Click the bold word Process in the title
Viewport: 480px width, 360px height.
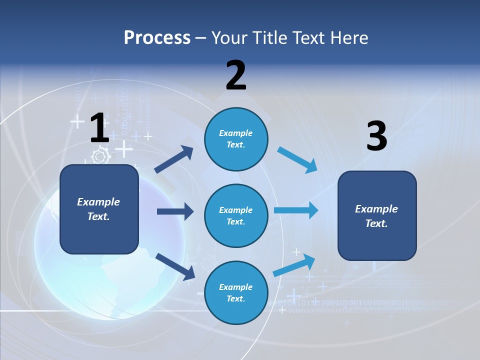tap(157, 38)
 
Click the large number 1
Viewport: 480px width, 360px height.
tap(99, 128)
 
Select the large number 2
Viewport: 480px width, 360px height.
tap(236, 75)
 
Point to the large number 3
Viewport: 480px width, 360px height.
tap(376, 136)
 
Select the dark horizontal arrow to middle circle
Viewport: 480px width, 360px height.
tap(175, 211)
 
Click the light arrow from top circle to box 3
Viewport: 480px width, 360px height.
tap(297, 160)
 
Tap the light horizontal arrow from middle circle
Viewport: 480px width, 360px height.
tap(296, 210)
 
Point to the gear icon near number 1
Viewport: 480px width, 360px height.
tap(100, 156)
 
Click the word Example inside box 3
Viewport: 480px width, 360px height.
tap(376, 209)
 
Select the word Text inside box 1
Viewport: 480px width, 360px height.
tap(98, 216)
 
